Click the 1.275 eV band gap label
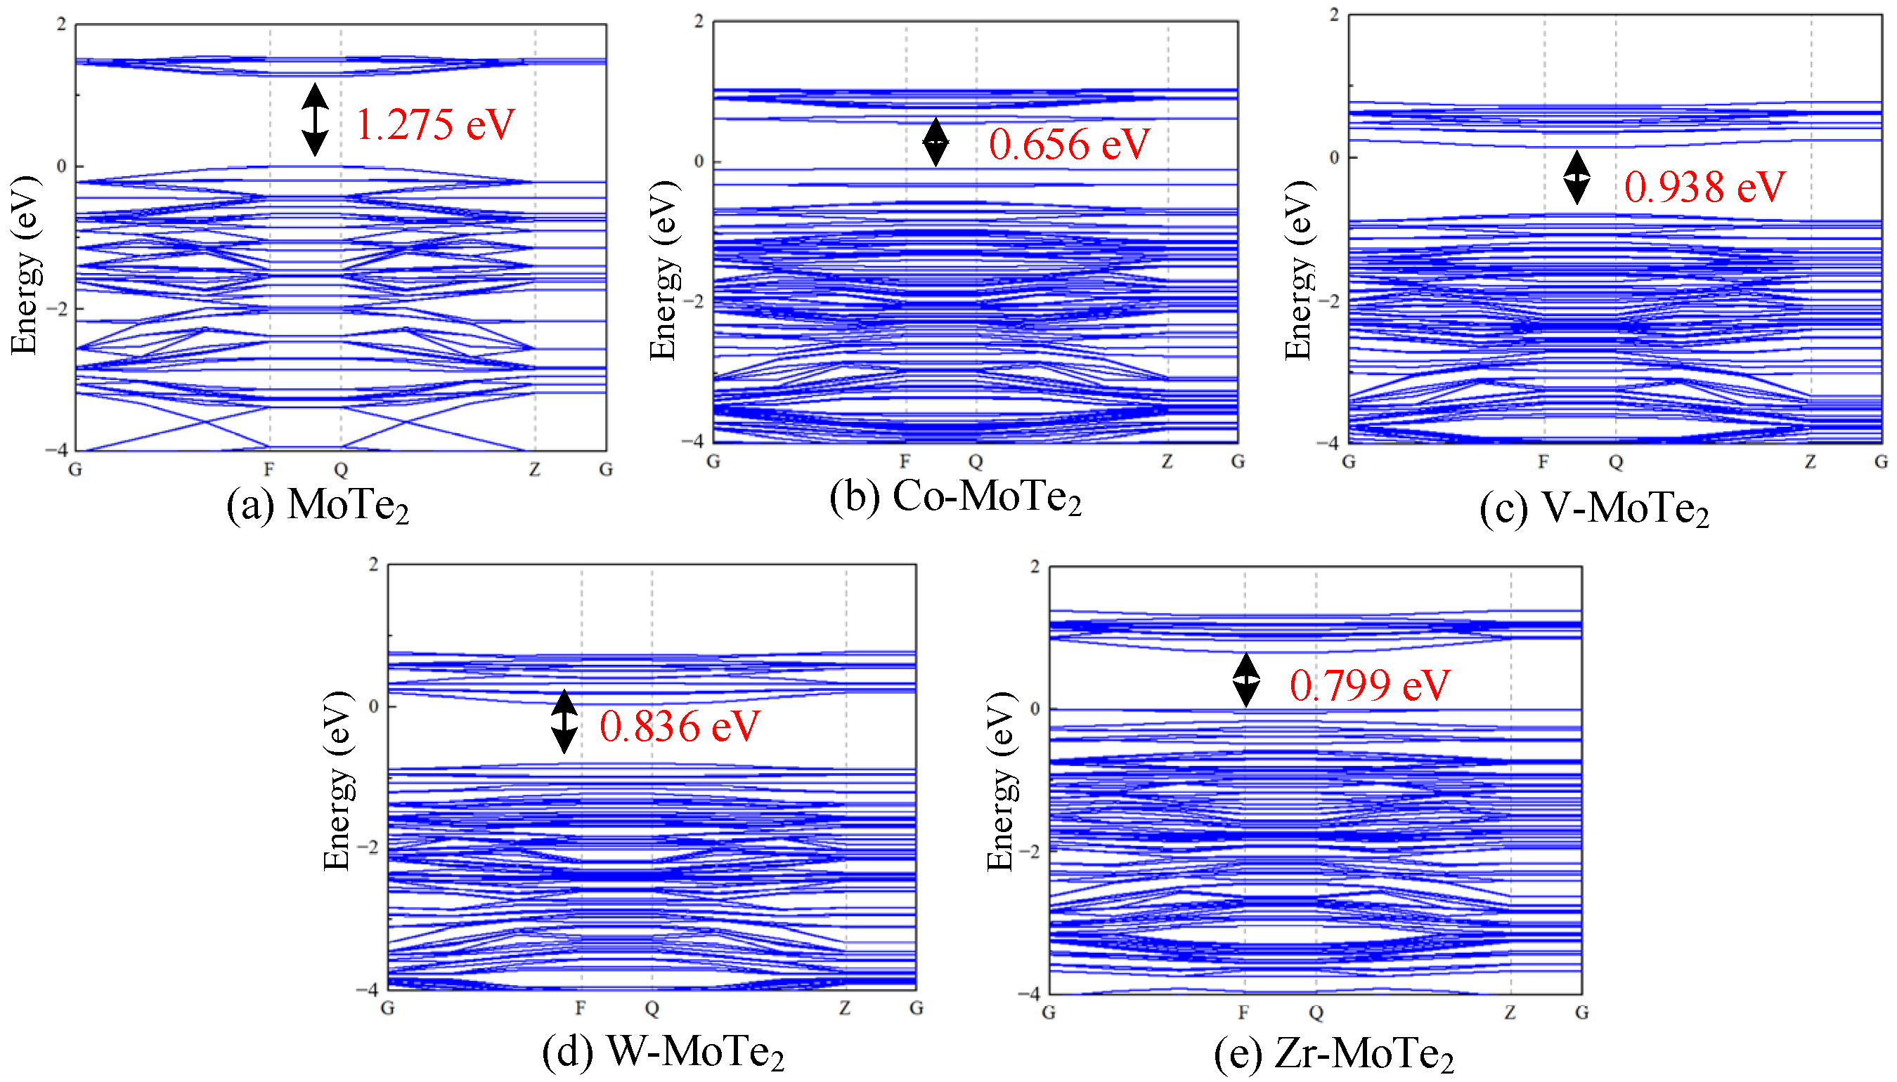(x=435, y=124)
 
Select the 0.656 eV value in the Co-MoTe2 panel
(x=1068, y=144)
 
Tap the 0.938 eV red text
(x=1704, y=187)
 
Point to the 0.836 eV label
(x=679, y=726)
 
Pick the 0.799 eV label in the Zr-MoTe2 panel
(x=1369, y=685)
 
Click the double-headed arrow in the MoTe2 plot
(x=315, y=119)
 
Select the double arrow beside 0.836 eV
(x=564, y=722)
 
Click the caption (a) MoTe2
(x=318, y=506)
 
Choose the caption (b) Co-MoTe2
(x=954, y=496)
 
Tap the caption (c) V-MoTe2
(x=1593, y=509)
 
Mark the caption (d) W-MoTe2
(x=663, y=1052)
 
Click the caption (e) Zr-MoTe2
(x=1333, y=1054)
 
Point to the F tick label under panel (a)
(x=269, y=470)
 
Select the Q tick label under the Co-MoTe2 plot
(x=976, y=462)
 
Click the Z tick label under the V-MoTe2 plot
(x=1810, y=462)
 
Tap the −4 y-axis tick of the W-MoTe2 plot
(x=368, y=989)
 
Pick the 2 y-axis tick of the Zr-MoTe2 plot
(x=1035, y=567)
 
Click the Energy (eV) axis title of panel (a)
(x=25, y=265)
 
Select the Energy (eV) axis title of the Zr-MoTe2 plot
(x=1000, y=780)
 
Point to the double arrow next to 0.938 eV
(x=1576, y=178)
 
